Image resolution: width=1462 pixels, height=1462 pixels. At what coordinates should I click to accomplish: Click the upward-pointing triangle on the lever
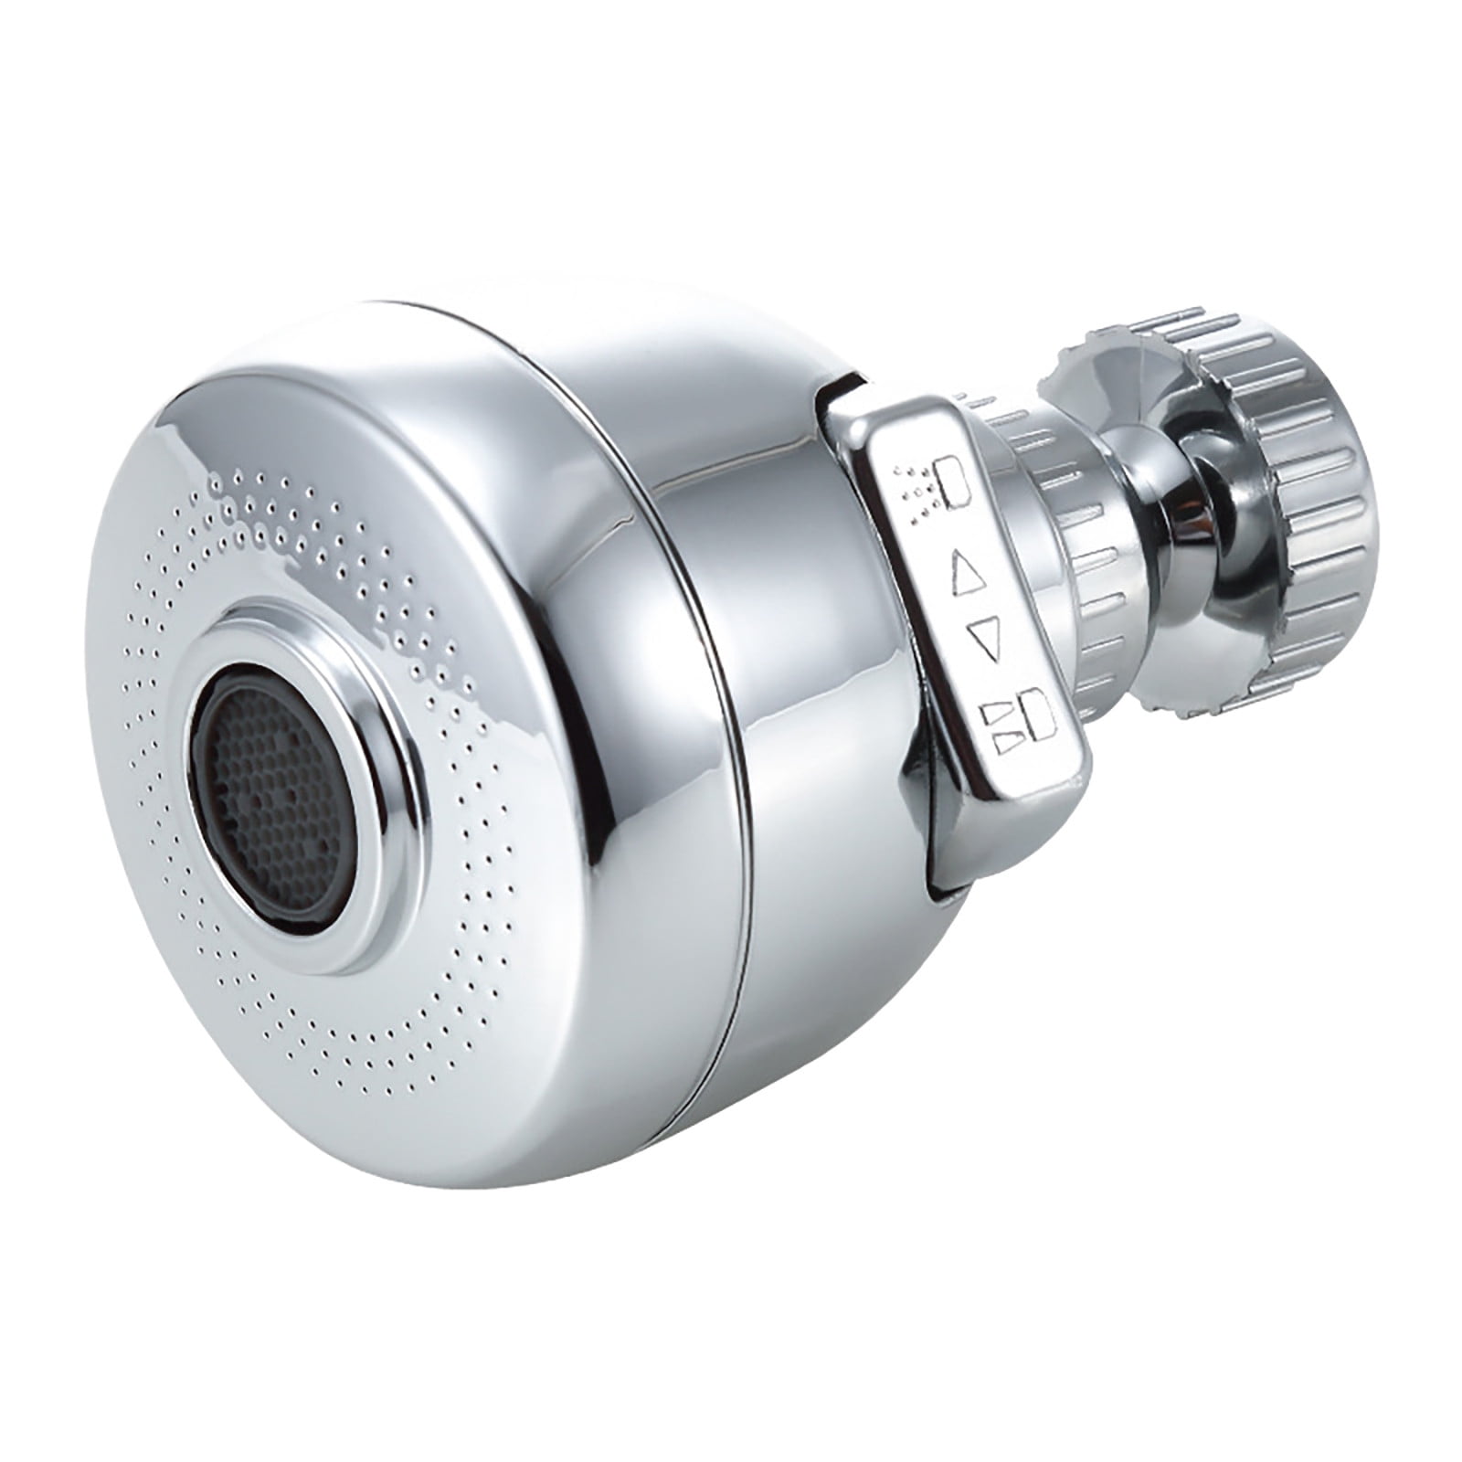[x=966, y=571]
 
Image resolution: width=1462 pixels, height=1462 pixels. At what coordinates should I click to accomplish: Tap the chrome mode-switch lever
[x=978, y=621]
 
